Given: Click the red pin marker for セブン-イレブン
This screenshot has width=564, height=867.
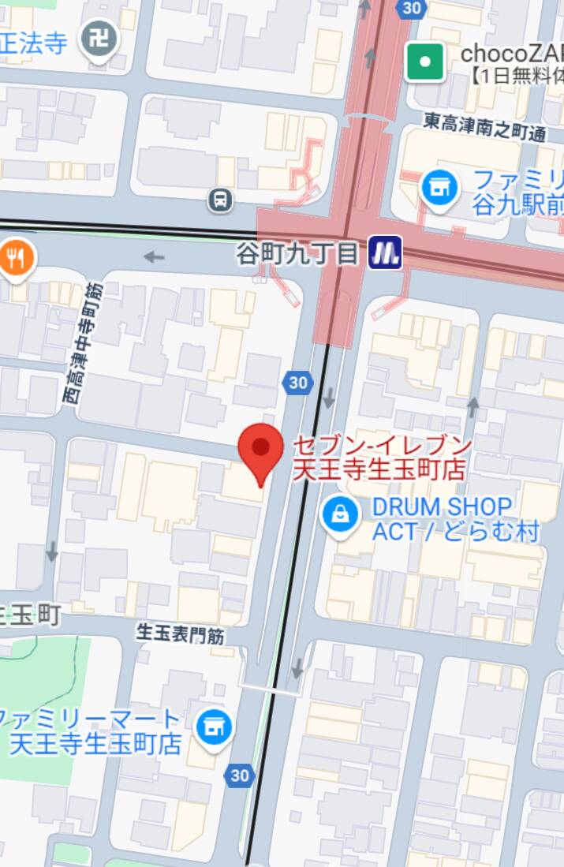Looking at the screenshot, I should click(261, 450).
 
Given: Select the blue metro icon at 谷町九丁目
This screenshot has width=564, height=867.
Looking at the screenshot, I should click(387, 252).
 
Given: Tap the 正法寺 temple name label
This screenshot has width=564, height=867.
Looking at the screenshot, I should click(35, 43).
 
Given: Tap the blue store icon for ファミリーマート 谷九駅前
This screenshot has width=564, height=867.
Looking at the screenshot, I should click(439, 189).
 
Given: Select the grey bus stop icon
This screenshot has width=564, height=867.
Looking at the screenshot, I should click(222, 200).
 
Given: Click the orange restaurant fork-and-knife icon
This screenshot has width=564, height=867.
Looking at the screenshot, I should click(15, 257).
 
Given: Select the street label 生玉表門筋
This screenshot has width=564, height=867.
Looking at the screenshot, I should click(181, 633).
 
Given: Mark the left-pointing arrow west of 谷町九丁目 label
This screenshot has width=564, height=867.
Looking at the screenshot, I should click(155, 256).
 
